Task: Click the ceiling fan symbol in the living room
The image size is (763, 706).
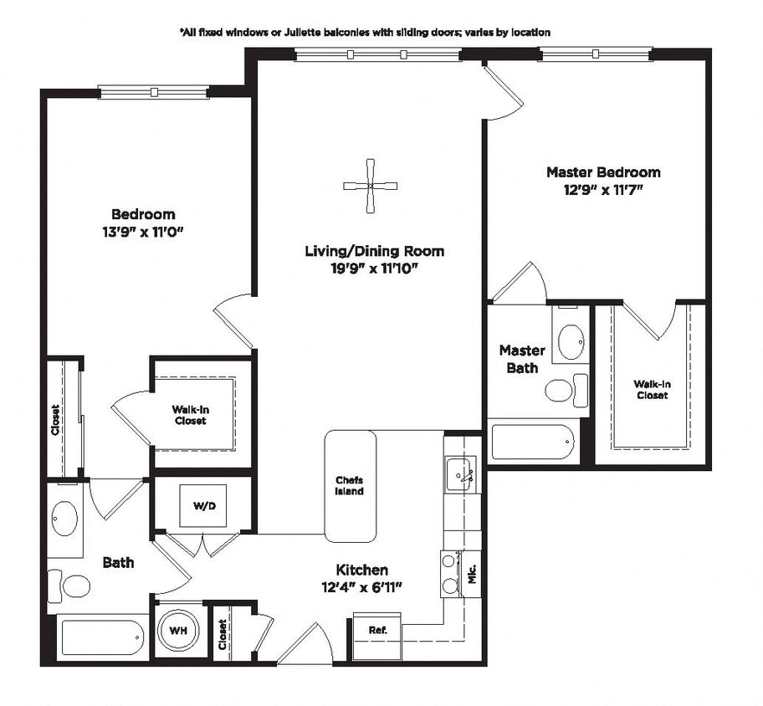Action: coord(370,186)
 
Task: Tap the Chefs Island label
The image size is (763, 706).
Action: coord(350,485)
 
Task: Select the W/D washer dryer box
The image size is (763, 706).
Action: coord(202,506)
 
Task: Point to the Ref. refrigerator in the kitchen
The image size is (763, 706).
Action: coord(376,629)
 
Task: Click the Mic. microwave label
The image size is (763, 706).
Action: coord(471,574)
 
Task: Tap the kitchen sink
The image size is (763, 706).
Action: coord(459,474)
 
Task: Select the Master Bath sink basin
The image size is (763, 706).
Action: coord(571,341)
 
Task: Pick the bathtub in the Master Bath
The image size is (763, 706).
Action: coord(533,442)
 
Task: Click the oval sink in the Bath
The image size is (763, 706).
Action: coord(64,519)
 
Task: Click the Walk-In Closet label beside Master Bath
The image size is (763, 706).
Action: coord(651,389)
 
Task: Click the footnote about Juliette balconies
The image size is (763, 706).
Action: coord(365,32)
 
